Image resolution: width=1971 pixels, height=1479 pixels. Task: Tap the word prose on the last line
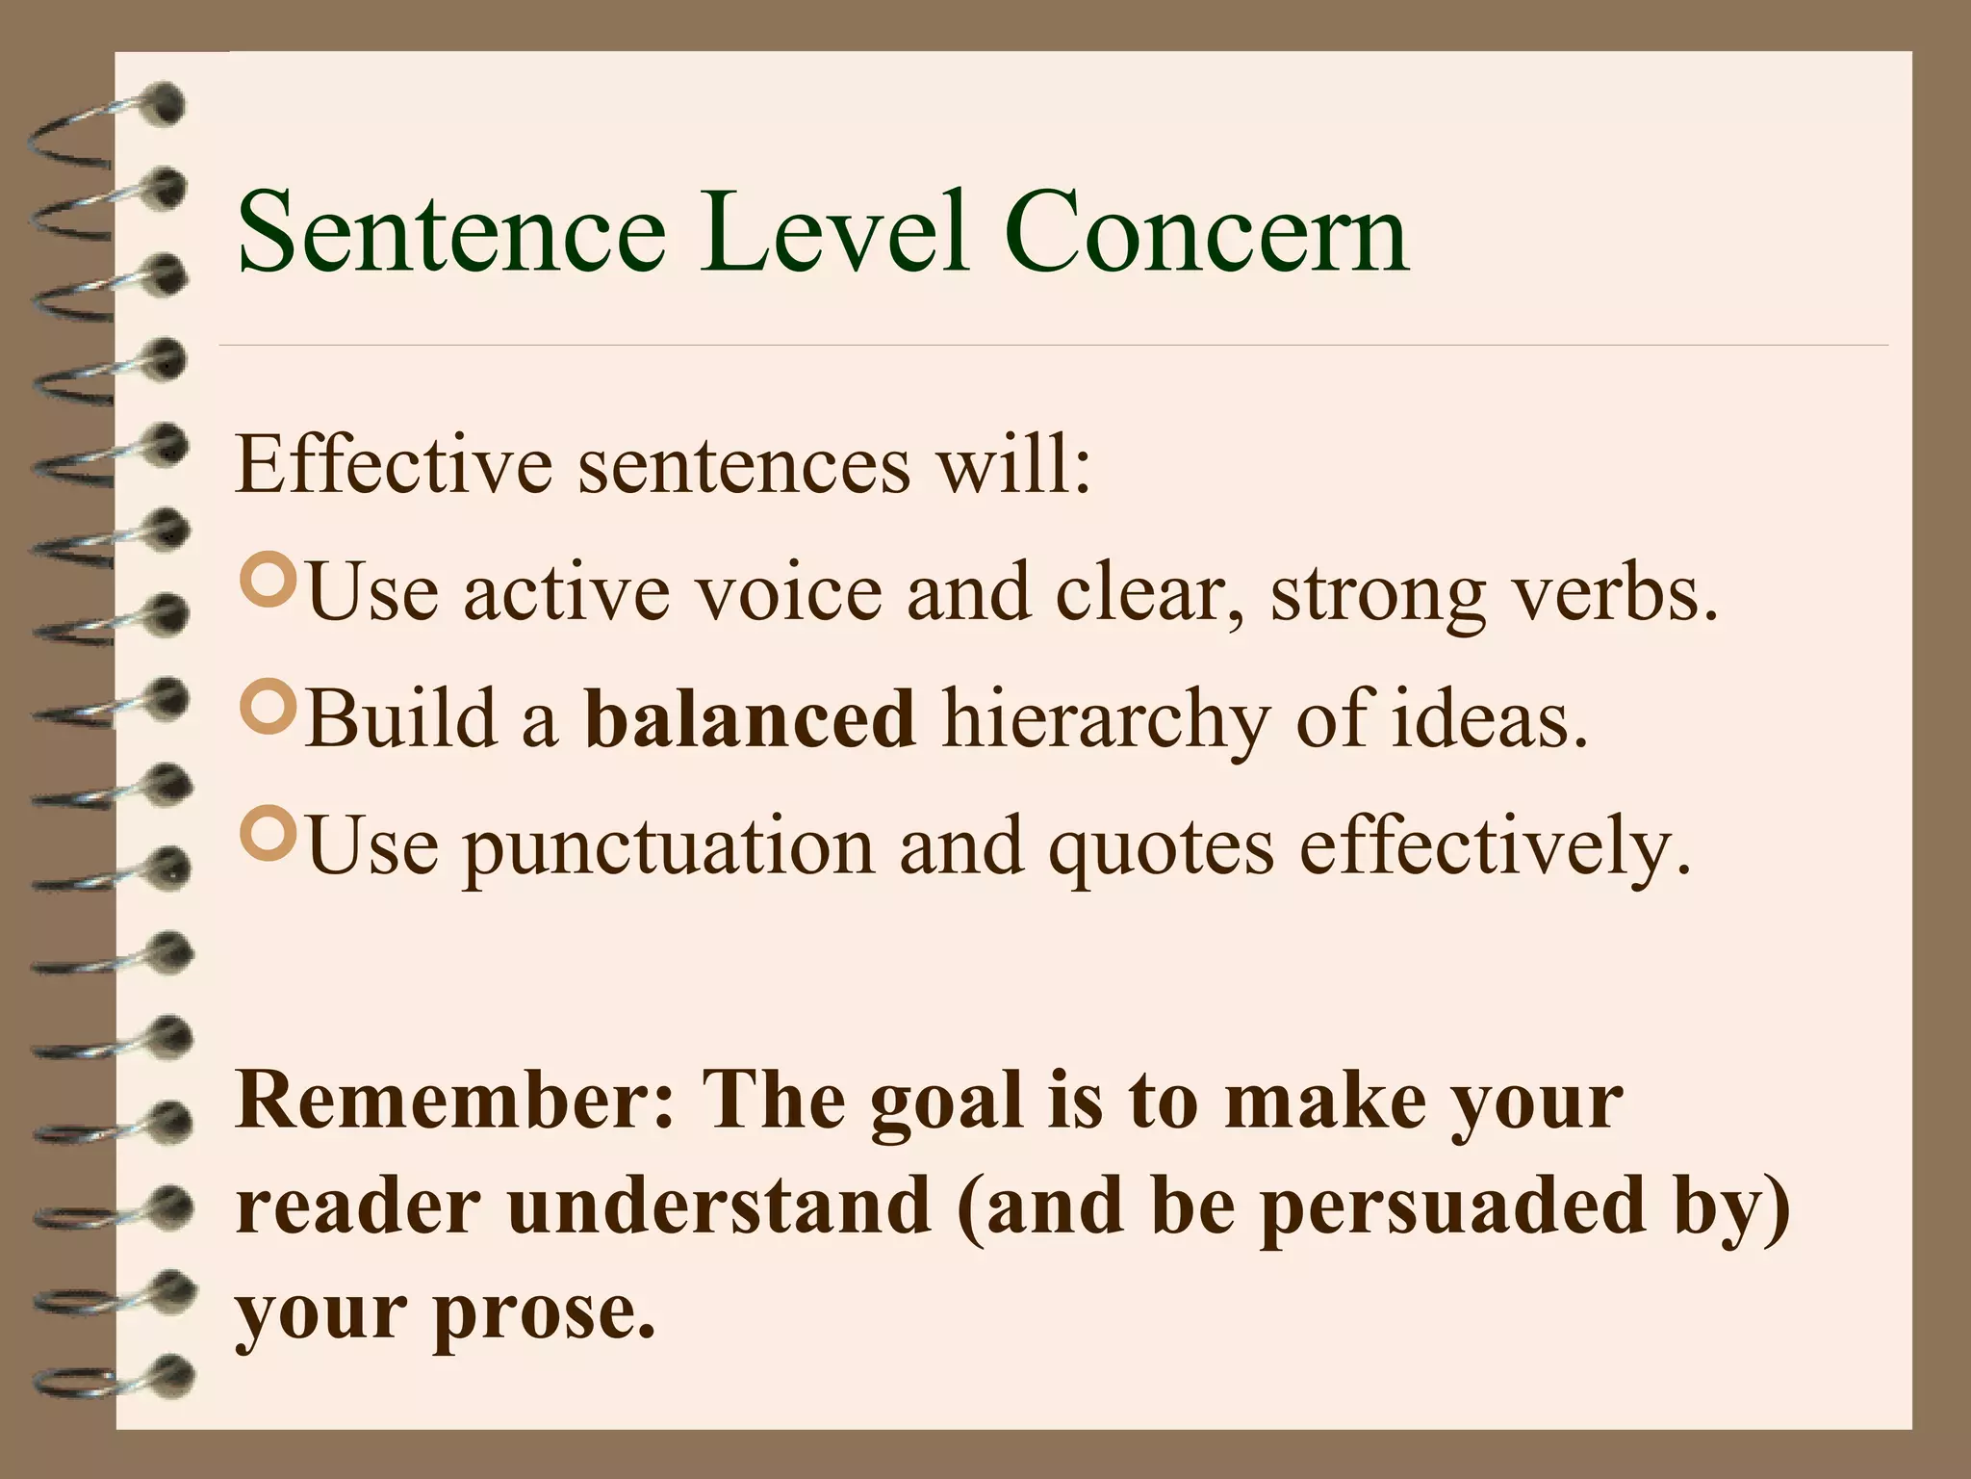(544, 1315)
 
